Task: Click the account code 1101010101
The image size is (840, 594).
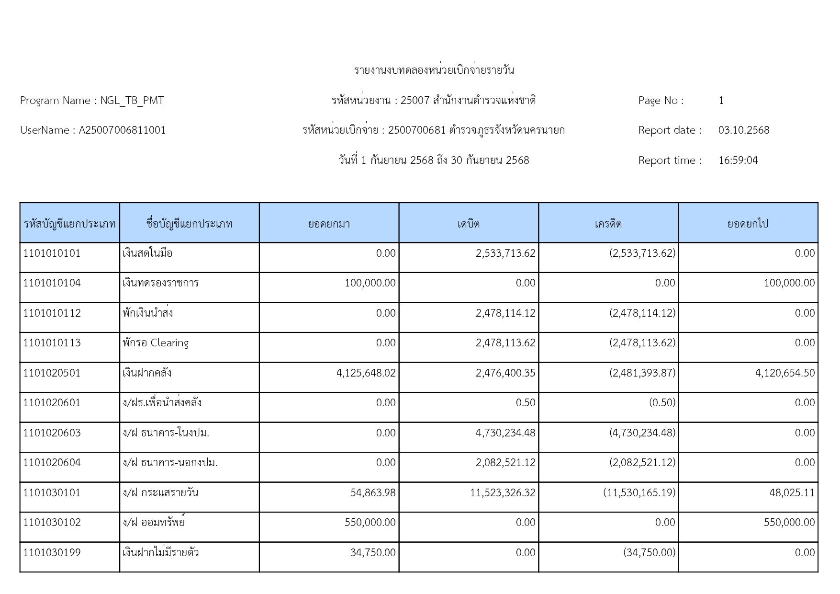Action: click(x=52, y=253)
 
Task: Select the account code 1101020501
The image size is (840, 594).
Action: click(x=52, y=373)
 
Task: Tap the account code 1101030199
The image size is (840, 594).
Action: click(x=52, y=553)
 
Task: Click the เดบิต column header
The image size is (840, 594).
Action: click(x=468, y=224)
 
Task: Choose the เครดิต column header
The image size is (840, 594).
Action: click(x=608, y=224)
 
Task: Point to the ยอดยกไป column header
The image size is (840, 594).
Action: click(x=748, y=224)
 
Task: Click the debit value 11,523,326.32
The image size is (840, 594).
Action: click(x=503, y=493)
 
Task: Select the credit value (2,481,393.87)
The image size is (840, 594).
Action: click(x=642, y=373)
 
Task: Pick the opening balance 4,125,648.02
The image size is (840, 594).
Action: click(x=366, y=373)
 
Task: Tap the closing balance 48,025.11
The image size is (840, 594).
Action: click(x=792, y=493)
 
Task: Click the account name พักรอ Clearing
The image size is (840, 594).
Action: click(x=156, y=343)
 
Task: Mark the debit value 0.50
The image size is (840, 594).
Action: click(x=526, y=403)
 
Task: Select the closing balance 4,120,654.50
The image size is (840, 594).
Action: click(x=785, y=373)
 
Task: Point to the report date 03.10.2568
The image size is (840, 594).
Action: click(x=744, y=130)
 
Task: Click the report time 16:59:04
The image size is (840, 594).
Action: click(x=738, y=160)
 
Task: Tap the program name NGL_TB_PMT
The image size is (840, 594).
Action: click(x=132, y=101)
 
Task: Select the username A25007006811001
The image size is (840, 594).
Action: click(x=122, y=130)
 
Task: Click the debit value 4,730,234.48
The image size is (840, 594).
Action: click(x=505, y=433)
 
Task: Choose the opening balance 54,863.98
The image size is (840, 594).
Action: click(x=373, y=493)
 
